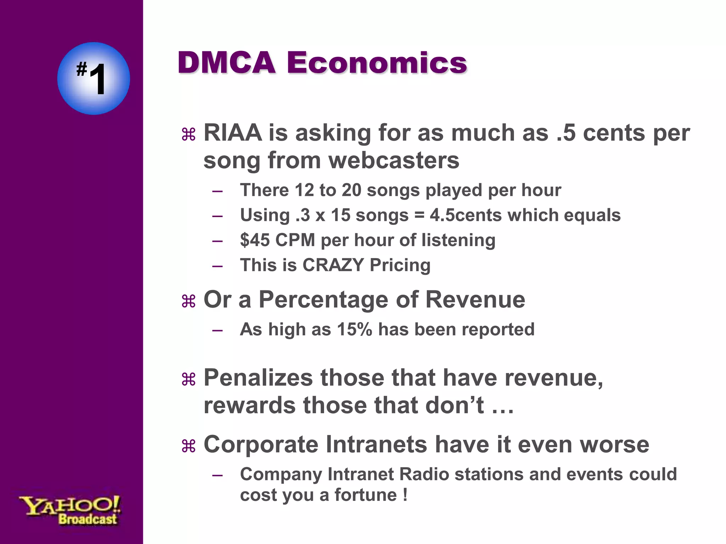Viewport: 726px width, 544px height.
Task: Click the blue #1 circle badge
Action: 94,78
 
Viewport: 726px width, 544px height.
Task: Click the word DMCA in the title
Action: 227,63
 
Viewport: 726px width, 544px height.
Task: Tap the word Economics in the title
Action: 376,63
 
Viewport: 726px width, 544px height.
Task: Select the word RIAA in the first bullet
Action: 233,133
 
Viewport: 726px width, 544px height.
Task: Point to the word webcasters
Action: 394,160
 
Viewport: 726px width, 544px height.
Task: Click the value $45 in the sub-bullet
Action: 255,240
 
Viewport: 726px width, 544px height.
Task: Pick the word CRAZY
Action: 333,265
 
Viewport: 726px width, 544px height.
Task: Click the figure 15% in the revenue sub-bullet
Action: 354,329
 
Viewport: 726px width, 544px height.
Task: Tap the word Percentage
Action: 323,300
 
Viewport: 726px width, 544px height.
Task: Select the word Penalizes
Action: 258,378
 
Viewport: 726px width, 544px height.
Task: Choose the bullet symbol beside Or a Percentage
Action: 188,301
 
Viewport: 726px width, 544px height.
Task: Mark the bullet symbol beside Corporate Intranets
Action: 188,446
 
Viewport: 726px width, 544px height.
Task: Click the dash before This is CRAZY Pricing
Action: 217,266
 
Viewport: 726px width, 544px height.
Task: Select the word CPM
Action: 295,240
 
